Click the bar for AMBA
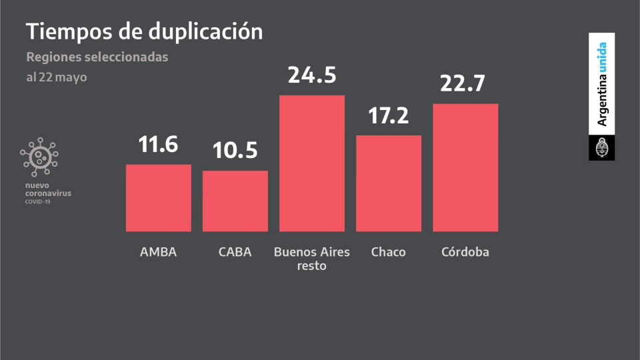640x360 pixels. [159, 198]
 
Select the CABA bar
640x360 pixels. [235, 201]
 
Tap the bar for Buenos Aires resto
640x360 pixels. [312, 163]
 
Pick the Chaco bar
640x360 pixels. [389, 183]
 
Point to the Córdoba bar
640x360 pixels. [465, 167]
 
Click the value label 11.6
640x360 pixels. [159, 144]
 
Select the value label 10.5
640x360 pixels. [235, 151]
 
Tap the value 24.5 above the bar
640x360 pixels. [312, 75]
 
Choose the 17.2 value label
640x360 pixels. [389, 115]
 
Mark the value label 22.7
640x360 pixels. [465, 83]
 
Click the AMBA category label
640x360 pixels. [159, 253]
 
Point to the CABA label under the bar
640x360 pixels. [235, 253]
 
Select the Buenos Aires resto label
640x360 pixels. [311, 259]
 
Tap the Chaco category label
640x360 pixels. [388, 253]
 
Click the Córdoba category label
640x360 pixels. [465, 252]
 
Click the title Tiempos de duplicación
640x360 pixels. [144, 31]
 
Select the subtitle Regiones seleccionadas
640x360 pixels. [97, 57]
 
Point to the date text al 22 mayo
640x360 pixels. [57, 77]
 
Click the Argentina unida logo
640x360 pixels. [601, 96]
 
